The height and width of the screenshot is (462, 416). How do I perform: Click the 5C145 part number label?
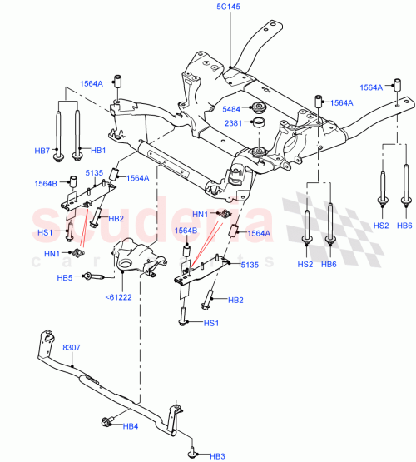tap(229, 7)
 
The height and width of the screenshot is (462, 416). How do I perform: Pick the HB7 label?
tap(42, 150)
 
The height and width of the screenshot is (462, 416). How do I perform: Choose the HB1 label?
tap(97, 150)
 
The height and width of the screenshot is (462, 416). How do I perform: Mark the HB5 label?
tap(65, 277)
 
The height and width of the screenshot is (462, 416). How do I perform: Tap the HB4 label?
tap(130, 427)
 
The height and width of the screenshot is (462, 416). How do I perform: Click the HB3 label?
tap(217, 455)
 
